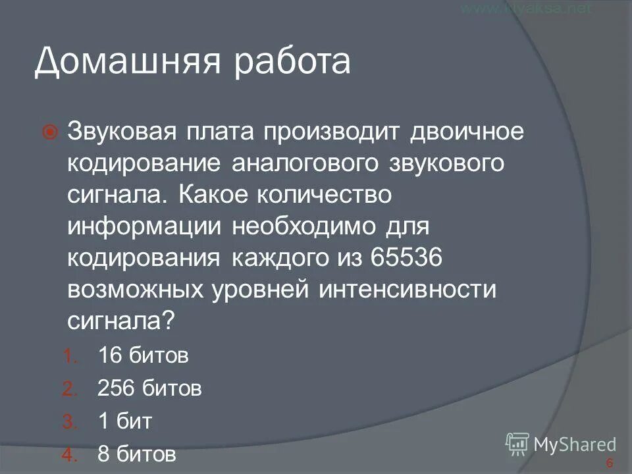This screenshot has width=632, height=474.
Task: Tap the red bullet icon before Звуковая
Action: point(50,132)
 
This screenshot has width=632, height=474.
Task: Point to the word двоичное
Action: point(468,131)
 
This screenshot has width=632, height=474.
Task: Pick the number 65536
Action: point(409,257)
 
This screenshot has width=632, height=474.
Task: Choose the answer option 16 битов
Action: point(143,356)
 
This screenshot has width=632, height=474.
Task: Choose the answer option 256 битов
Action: point(149,388)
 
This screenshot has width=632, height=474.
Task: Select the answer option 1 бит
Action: point(124,421)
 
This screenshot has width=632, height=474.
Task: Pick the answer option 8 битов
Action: point(137,454)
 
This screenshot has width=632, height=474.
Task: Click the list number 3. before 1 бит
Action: point(70,422)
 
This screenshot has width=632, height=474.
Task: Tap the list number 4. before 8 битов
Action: point(70,454)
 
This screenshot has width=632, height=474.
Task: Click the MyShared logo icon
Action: point(517,442)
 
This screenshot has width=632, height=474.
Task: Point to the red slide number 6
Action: point(610,462)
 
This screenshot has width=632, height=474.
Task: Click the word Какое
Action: point(211,194)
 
